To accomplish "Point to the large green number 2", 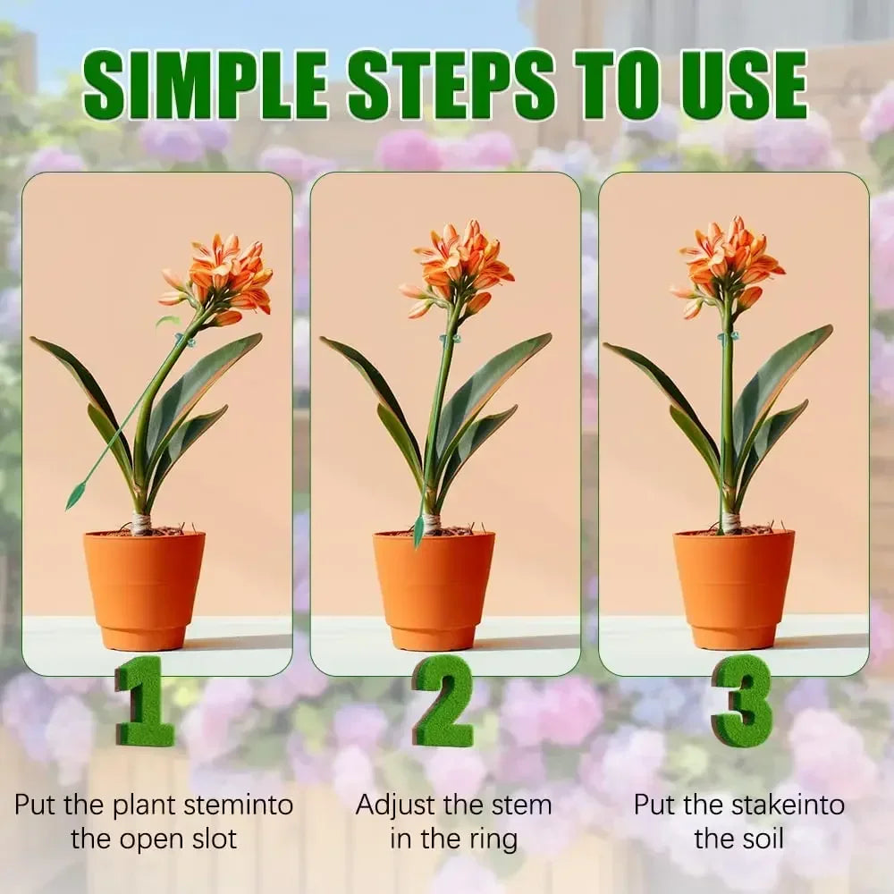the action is click(443, 700).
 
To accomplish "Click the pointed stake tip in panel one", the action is click(70, 507).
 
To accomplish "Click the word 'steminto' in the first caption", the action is click(239, 805).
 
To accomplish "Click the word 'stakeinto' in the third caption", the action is click(788, 805).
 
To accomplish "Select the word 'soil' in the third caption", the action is click(763, 839).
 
